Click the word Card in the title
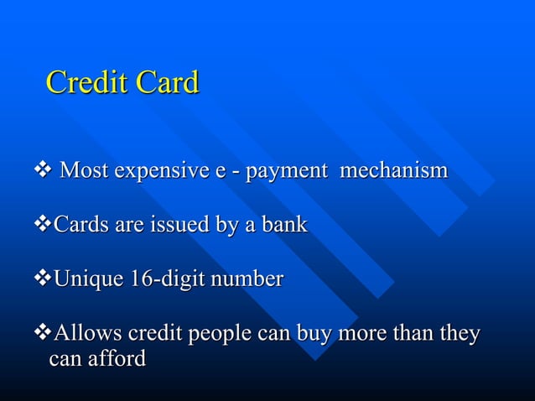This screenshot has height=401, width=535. [x=163, y=83]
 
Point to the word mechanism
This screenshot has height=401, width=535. [x=392, y=171]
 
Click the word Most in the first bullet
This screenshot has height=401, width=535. [x=83, y=171]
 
